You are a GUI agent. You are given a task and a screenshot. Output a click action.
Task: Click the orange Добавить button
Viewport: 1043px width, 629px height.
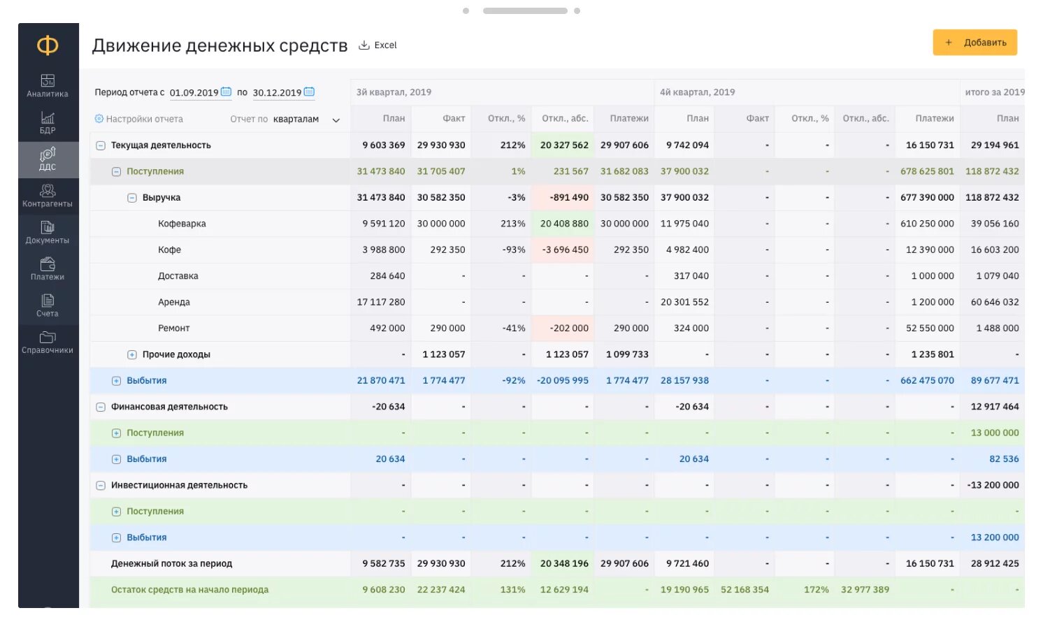tap(974, 43)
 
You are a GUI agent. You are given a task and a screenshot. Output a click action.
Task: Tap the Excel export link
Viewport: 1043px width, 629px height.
tap(377, 45)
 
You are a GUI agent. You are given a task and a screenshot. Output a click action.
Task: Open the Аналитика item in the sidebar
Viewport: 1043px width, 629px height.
tap(48, 86)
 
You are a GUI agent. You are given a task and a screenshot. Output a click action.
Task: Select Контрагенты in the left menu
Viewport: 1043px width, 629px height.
tap(48, 196)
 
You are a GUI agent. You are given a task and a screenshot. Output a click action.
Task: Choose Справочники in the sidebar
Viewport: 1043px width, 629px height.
tap(48, 342)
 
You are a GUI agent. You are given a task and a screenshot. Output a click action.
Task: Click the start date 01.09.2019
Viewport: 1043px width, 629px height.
tap(194, 93)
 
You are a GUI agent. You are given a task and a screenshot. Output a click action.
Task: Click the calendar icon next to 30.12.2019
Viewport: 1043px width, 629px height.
tap(309, 92)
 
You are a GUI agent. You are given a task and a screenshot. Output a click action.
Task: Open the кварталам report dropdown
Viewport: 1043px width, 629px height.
tap(306, 120)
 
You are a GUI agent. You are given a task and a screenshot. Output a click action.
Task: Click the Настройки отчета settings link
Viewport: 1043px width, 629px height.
tap(138, 119)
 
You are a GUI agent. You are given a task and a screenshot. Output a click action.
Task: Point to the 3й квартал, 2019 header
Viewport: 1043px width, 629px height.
tap(394, 92)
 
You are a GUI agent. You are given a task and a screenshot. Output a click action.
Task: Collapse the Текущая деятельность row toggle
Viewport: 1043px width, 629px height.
tap(101, 146)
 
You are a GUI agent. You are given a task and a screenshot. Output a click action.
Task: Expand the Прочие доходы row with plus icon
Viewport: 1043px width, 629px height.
tap(131, 355)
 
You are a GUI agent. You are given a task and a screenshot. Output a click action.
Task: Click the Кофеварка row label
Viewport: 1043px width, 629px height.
tap(182, 224)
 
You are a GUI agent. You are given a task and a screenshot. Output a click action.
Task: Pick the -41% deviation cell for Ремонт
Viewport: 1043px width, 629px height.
tap(514, 328)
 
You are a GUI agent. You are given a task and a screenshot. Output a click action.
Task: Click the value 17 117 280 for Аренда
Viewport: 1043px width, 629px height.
tap(381, 302)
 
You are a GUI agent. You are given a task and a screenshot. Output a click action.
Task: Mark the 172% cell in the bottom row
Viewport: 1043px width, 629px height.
tap(817, 589)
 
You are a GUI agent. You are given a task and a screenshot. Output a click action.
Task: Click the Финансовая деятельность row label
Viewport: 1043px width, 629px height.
tap(169, 407)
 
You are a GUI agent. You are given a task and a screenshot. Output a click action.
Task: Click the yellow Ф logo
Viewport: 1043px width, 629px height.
tap(48, 45)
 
